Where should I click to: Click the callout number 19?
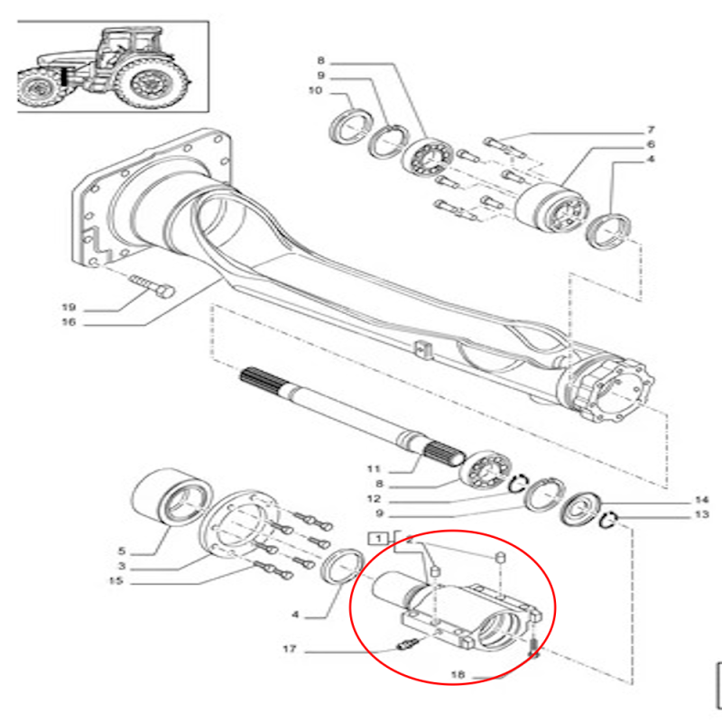click(69, 307)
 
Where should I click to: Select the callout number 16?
click(69, 322)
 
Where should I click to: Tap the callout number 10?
click(315, 90)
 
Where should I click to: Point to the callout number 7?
click(651, 130)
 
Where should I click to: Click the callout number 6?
click(651, 144)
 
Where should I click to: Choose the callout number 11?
click(374, 468)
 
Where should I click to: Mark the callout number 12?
click(374, 499)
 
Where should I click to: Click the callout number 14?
click(702, 500)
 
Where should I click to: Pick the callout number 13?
click(702, 514)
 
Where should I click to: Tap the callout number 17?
click(289, 649)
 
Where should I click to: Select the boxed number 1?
click(378, 538)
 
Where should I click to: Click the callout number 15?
click(116, 580)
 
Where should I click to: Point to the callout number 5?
click(122, 551)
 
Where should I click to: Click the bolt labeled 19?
click(152, 285)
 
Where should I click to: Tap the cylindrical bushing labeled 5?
click(171, 498)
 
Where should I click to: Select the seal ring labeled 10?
click(348, 125)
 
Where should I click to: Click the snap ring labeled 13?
click(608, 521)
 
